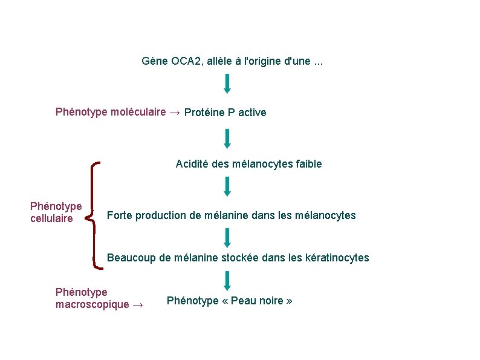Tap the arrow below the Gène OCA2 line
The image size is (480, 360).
click(227, 83)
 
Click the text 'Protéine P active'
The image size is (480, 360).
click(225, 113)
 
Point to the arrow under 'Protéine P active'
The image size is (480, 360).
click(227, 138)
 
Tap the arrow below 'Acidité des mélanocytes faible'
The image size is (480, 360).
click(227, 186)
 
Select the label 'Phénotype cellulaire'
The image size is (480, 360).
click(56, 212)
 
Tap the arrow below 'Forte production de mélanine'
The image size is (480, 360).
click(227, 237)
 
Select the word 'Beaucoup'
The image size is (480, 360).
click(131, 258)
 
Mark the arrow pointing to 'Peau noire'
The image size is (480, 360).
click(227, 280)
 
